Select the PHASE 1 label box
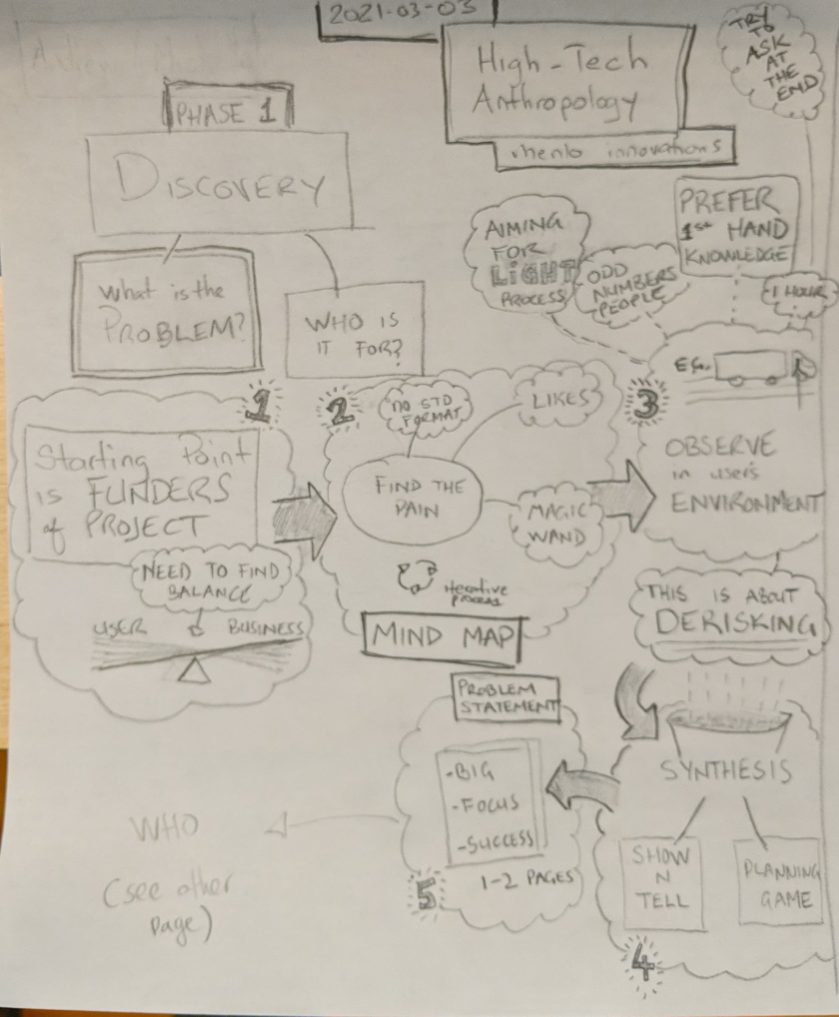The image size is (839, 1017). (227, 113)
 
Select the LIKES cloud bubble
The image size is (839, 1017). (560, 401)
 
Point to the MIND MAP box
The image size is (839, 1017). (442, 636)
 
